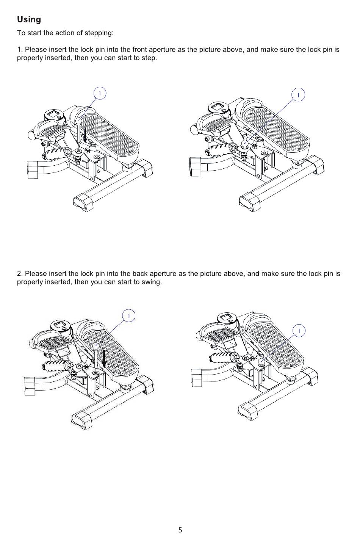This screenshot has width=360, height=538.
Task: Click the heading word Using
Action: click(29, 20)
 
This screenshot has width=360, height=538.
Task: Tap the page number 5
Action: click(180, 530)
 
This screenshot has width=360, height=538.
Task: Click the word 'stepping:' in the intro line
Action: click(99, 33)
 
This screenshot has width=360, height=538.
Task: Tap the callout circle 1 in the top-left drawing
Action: click(100, 93)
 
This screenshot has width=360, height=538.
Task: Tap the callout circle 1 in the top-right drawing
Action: click(299, 95)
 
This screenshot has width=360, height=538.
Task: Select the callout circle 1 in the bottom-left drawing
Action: click(129, 315)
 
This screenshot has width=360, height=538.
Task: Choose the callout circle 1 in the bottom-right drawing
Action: click(299, 331)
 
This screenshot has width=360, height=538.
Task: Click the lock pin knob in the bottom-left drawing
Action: click(96, 346)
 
